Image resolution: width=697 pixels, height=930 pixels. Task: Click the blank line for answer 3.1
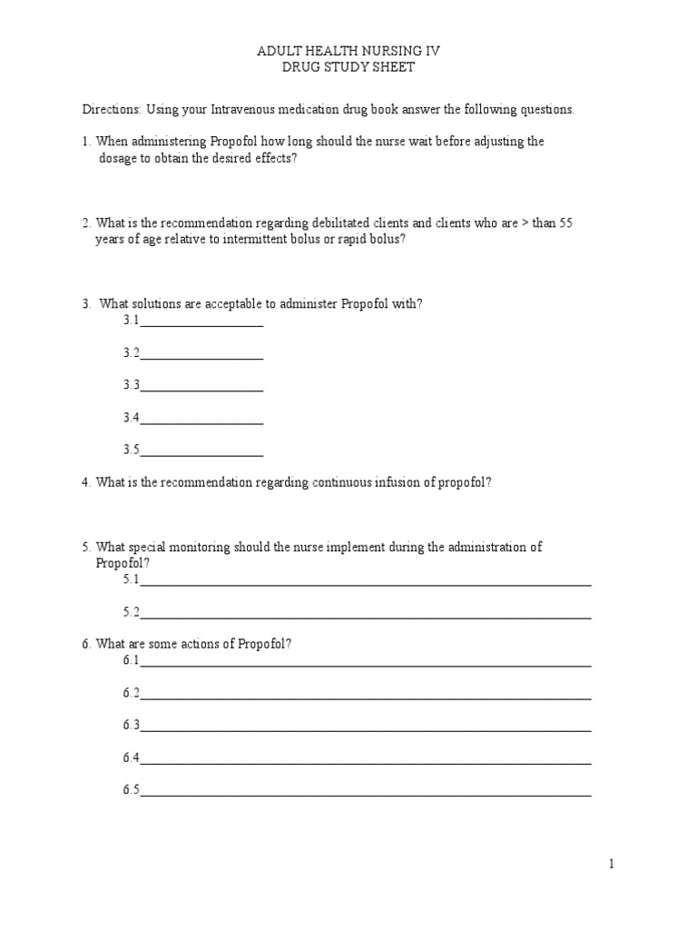tap(201, 324)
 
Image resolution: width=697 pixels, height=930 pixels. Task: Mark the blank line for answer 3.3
tap(201, 390)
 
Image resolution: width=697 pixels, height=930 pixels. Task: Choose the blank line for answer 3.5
tap(201, 454)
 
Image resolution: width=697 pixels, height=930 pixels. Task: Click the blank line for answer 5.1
tap(365, 584)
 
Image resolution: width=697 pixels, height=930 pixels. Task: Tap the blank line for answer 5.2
tap(365, 617)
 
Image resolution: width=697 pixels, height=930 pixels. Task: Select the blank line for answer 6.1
tap(365, 665)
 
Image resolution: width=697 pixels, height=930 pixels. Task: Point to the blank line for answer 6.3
tap(365, 729)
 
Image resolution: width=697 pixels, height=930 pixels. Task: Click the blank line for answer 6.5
tap(365, 795)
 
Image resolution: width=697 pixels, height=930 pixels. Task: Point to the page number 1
tap(612, 865)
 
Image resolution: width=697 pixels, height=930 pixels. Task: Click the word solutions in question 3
tap(158, 304)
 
